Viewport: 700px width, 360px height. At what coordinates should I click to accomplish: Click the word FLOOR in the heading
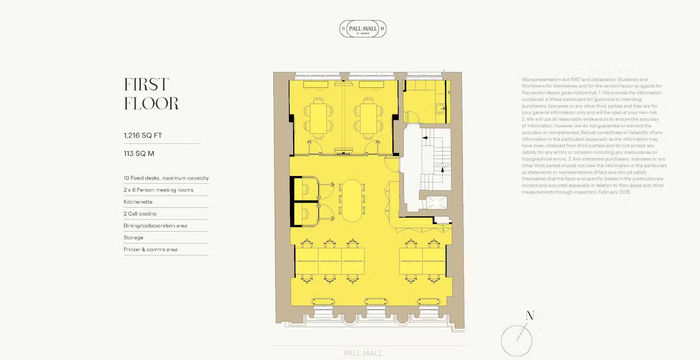tap(151, 102)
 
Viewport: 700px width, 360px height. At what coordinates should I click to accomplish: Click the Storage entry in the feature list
tap(134, 237)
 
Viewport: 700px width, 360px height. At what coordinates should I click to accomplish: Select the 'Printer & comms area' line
tap(149, 249)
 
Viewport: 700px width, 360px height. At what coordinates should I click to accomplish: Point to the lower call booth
tap(303, 215)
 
